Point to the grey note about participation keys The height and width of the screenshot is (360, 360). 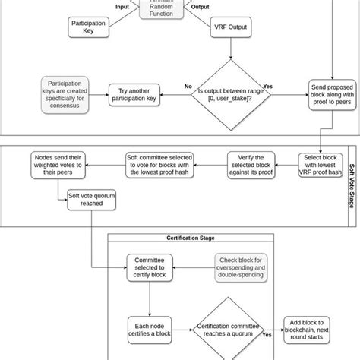click(65, 93)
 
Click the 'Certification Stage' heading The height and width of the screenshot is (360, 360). click(189, 238)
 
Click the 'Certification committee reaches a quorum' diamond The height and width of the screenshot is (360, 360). click(229, 328)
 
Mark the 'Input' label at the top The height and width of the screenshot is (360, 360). click(122, 7)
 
